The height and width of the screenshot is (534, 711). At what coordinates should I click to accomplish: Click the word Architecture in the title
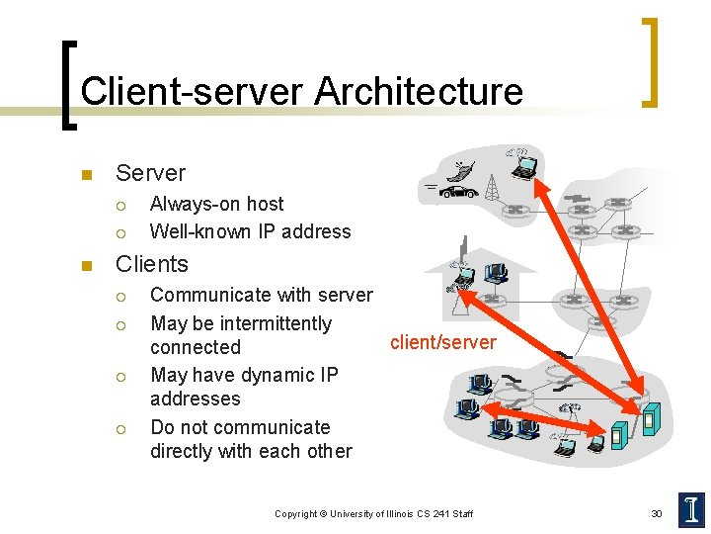419,91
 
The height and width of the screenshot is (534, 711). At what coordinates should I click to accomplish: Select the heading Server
150,173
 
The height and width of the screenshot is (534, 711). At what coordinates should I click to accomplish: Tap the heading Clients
151,264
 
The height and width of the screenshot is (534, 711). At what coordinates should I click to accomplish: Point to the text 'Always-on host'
216,204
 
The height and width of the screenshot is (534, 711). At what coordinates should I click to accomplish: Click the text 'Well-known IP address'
250,231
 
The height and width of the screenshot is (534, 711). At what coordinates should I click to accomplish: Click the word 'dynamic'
275,375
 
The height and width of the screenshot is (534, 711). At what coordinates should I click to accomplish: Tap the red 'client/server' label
443,342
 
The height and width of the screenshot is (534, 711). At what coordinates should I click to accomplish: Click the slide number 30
656,513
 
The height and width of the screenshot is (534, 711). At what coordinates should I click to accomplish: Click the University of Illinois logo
691,509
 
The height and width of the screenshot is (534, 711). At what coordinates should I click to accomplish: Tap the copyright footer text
373,513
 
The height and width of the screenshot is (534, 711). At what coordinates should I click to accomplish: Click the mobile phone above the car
461,168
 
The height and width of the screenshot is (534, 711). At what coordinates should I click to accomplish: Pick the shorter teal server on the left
619,433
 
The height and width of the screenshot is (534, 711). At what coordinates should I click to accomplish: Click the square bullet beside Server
85,176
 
